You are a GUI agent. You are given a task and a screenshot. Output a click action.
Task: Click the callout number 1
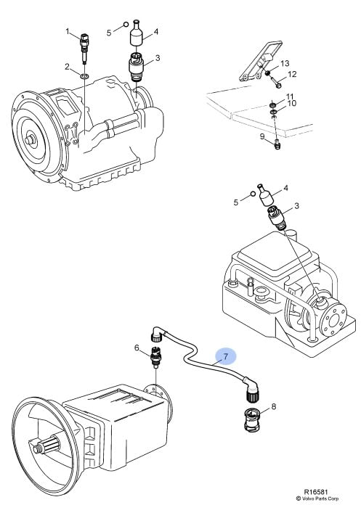[68, 31]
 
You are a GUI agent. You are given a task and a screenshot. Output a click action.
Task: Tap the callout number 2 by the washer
[67, 67]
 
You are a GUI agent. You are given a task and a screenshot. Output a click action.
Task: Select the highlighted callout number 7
[226, 356]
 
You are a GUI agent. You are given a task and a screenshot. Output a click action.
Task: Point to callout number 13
[285, 63]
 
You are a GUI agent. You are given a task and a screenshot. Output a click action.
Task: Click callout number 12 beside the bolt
[292, 75]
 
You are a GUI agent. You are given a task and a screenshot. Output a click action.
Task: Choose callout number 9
[262, 136]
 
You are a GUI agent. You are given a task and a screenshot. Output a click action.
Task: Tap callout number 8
[274, 406]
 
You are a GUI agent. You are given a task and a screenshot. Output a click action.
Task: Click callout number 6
[137, 348]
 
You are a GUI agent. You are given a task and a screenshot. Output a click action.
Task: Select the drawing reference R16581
[316, 492]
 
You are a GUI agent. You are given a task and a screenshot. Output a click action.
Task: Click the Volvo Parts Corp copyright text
[317, 498]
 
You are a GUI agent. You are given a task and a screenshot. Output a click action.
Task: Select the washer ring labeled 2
[84, 76]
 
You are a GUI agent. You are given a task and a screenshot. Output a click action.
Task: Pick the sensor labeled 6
[155, 356]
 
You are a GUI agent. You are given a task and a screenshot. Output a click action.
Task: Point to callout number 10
[291, 103]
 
